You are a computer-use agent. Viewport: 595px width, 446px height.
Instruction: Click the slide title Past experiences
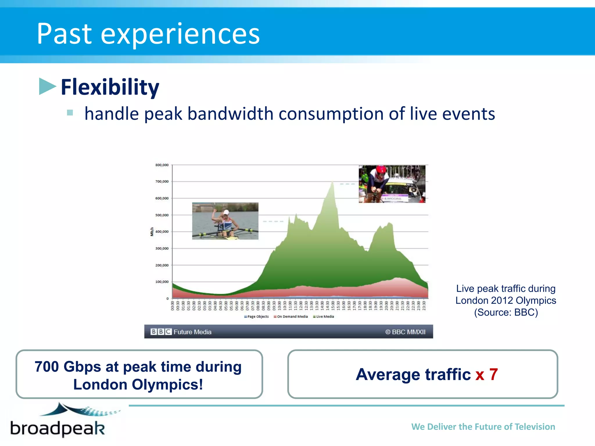coord(148,34)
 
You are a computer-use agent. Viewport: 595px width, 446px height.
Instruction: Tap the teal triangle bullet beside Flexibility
coord(47,86)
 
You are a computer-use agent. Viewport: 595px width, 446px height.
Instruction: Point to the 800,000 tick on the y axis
coord(162,165)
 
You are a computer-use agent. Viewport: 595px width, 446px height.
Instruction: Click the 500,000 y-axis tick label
coord(162,215)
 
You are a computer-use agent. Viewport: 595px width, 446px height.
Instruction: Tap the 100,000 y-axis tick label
coord(162,282)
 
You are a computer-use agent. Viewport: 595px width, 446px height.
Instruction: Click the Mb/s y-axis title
coord(152,232)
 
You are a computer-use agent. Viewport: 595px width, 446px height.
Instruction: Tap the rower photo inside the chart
coord(225,221)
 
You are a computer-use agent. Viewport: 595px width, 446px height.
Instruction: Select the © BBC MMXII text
coord(405,332)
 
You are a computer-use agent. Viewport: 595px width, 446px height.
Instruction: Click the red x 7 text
coord(487,374)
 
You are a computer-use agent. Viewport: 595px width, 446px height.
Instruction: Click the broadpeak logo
coord(61,421)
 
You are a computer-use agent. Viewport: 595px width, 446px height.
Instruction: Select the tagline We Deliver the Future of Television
coord(483,427)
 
